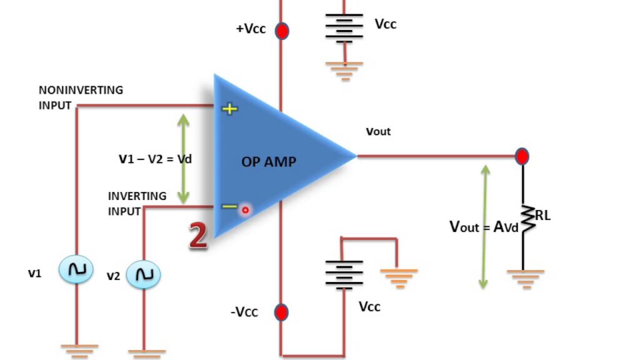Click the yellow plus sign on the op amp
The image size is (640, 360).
point(231,109)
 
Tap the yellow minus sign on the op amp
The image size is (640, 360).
point(230,206)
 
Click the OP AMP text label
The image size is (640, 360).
point(269,162)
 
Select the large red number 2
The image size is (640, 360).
point(198,236)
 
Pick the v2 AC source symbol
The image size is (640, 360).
point(144,274)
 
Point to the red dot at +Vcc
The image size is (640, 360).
point(282,30)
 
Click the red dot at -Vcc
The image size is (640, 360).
point(282,311)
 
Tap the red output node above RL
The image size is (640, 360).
point(522,156)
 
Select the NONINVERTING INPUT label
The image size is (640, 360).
point(81,97)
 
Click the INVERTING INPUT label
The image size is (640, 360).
point(137,203)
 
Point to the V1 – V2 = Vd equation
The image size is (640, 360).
point(155,159)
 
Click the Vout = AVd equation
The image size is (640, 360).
point(484,226)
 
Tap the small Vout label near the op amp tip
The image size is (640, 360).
point(378,132)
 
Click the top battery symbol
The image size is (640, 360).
point(344,29)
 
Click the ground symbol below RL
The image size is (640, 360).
point(525,277)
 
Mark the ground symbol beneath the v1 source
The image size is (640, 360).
point(79,350)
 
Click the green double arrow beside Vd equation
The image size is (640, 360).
point(183,159)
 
